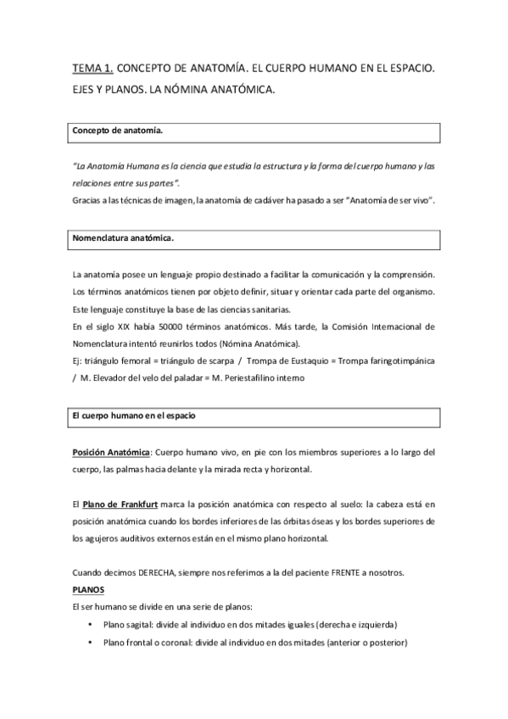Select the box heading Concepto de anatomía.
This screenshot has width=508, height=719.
(119, 133)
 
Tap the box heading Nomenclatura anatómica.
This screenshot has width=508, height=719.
(124, 239)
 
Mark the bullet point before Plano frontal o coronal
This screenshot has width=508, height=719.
(91, 643)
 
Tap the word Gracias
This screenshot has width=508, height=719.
(87, 199)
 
